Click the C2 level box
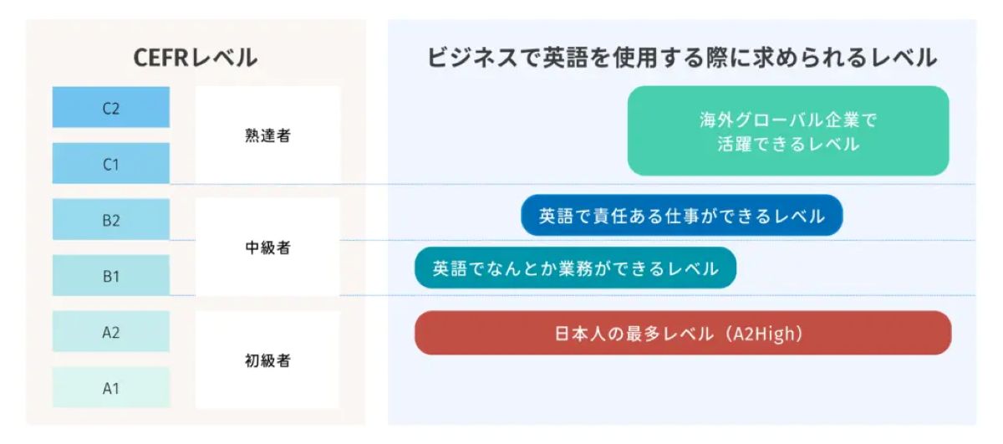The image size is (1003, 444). tap(111, 107)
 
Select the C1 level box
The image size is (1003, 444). tap(111, 163)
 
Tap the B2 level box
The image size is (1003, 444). tap(111, 219)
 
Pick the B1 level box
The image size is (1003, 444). tap(111, 275)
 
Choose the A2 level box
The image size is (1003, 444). tap(111, 331)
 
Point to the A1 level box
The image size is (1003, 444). tap(111, 387)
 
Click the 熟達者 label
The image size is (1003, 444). tap(267, 135)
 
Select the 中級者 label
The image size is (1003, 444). tap(267, 248)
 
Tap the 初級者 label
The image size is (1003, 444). tap(267, 360)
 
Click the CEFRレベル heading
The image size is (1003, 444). tap(196, 58)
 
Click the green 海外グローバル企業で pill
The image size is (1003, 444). tap(788, 130)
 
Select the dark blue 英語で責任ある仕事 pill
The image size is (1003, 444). tap(681, 216)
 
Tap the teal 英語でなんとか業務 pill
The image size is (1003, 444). tap(575, 268)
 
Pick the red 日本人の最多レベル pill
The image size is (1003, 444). tap(684, 333)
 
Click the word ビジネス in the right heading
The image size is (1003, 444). tap(473, 58)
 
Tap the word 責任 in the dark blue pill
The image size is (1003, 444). tap(610, 216)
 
